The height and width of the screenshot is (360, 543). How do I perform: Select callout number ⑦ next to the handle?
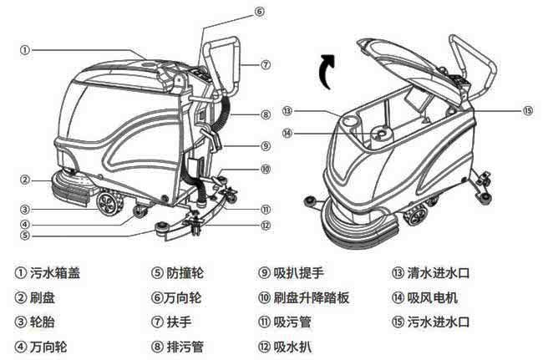(x=264, y=63)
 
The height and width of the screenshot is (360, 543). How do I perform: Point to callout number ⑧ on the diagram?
(x=264, y=114)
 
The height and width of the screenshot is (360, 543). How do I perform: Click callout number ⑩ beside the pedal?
(x=264, y=169)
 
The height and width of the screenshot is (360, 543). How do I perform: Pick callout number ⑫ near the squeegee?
(x=264, y=224)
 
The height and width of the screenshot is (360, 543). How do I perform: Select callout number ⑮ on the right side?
(x=526, y=110)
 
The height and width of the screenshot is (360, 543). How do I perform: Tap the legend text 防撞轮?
(x=185, y=273)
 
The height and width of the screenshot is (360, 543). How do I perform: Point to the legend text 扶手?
(x=179, y=322)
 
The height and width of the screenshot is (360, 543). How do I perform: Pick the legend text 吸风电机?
(x=433, y=297)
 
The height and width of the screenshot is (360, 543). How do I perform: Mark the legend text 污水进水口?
(x=439, y=322)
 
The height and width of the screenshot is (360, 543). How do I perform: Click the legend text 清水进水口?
(x=439, y=273)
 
